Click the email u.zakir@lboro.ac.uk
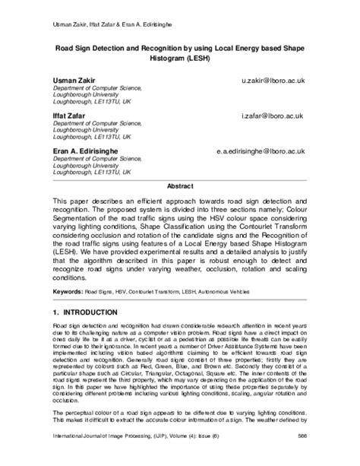[279, 78]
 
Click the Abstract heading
[180, 185]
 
